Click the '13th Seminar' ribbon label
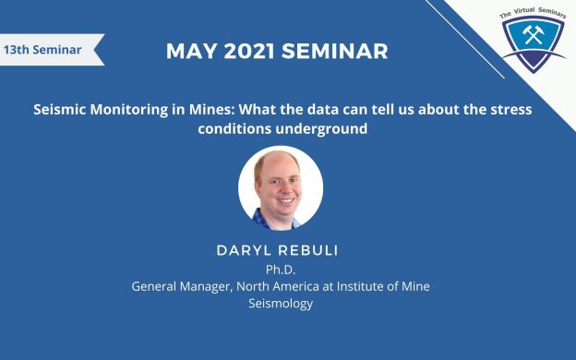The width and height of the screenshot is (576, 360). click(x=42, y=50)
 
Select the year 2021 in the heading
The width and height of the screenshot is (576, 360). click(x=249, y=51)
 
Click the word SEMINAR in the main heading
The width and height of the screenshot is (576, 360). click(x=335, y=51)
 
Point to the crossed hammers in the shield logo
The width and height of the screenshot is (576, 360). click(x=534, y=34)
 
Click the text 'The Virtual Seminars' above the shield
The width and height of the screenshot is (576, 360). click(x=533, y=12)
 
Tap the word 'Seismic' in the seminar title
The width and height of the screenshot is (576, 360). click(x=59, y=110)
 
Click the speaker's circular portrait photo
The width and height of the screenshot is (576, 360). click(x=281, y=188)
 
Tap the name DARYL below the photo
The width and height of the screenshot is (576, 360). click(x=244, y=250)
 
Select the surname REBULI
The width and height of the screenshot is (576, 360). click(x=307, y=250)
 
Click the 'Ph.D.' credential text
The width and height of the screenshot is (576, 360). click(x=281, y=270)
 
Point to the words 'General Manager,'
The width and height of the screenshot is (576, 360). click(x=182, y=286)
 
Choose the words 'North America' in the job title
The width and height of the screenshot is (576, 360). click(x=278, y=286)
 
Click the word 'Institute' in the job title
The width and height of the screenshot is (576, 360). click(x=360, y=286)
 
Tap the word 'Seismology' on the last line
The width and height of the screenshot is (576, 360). click(x=281, y=305)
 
